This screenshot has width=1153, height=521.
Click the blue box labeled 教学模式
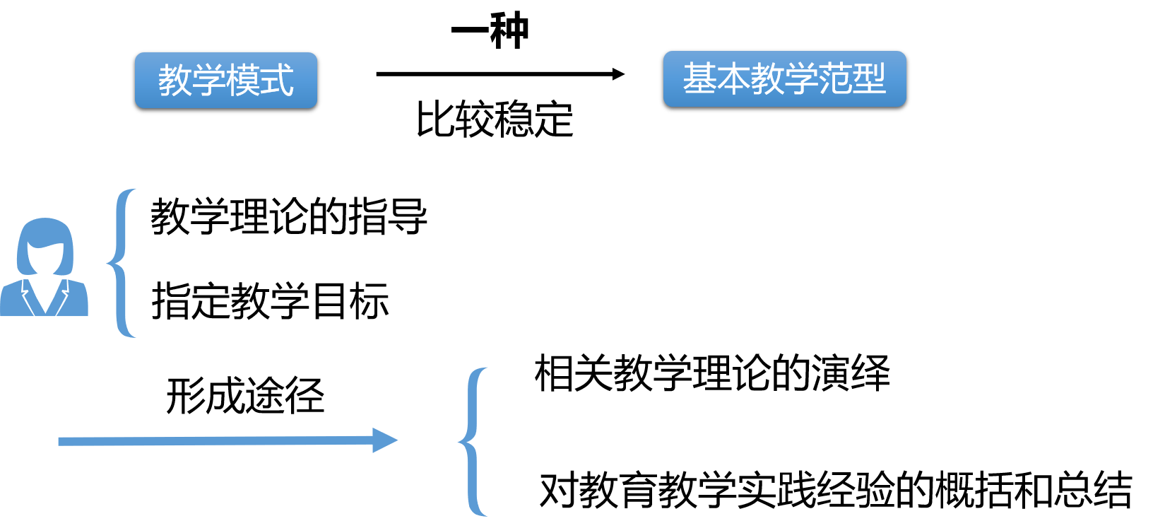(x=225, y=80)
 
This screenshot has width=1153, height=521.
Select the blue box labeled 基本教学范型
(x=784, y=78)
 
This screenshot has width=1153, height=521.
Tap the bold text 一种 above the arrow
(x=490, y=31)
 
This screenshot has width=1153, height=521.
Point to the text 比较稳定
(x=494, y=119)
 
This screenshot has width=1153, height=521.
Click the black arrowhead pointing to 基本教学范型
(x=617, y=74)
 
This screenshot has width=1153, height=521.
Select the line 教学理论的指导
(x=288, y=216)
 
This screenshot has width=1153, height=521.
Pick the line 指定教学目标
(x=270, y=301)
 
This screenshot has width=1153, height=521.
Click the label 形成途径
(x=245, y=396)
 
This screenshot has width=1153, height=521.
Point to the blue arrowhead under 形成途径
(x=384, y=440)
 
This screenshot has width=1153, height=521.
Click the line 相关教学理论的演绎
(x=711, y=373)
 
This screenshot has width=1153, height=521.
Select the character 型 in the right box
(x=868, y=78)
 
